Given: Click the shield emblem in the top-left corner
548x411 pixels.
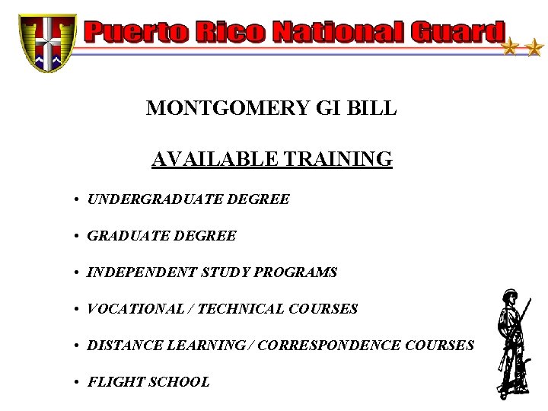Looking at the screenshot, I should pyautogui.click(x=48, y=42).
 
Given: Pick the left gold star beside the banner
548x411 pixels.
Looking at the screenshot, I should pyautogui.click(x=509, y=49).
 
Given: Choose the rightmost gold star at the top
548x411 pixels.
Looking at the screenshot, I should pyautogui.click(x=534, y=49).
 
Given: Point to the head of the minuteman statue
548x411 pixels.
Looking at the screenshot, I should pyautogui.click(x=508, y=298).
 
